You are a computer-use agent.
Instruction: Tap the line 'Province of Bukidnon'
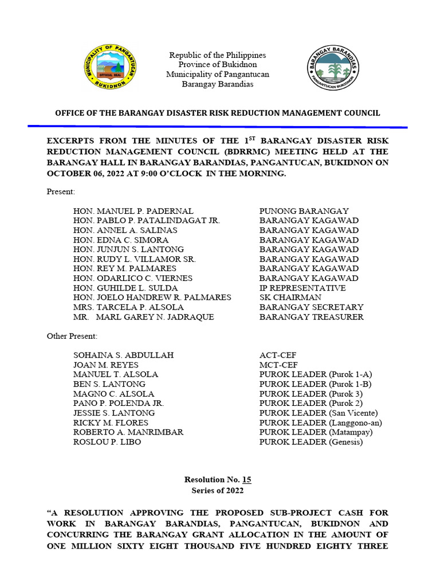click(217, 65)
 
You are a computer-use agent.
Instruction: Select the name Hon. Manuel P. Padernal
click(133, 211)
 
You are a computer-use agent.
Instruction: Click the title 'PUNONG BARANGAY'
click(304, 211)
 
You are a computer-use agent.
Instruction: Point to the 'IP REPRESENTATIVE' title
click(302, 288)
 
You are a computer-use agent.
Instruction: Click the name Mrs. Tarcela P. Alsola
click(133, 307)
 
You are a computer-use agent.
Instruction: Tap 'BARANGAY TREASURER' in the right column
click(311, 317)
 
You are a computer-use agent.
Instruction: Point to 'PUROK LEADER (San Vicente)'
click(319, 413)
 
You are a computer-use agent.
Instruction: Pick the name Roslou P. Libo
click(107, 442)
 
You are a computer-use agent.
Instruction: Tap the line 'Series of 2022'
click(218, 491)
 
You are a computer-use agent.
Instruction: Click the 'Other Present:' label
click(72, 336)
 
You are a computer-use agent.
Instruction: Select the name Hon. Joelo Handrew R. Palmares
click(152, 298)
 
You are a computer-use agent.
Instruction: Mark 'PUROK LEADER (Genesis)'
click(311, 442)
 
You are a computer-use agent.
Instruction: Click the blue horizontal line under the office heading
click(217, 126)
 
